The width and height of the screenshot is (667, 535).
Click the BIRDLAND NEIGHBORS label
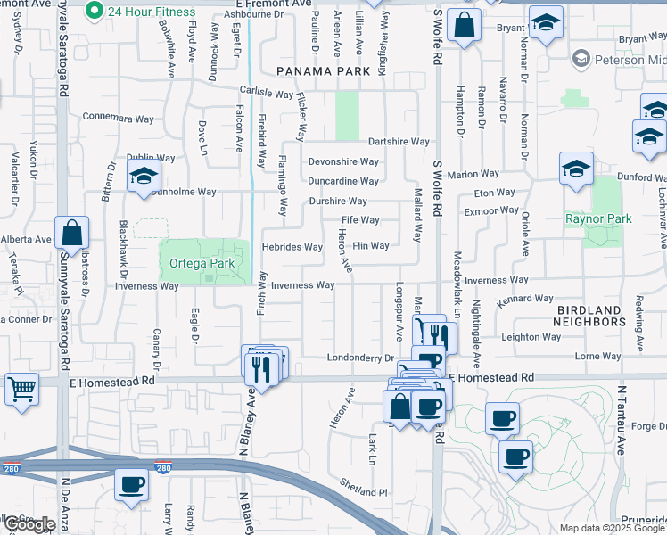click(x=589, y=316)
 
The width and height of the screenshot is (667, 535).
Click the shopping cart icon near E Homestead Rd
click(x=21, y=389)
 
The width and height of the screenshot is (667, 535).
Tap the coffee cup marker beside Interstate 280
click(x=132, y=486)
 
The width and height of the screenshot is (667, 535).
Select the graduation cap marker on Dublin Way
click(x=142, y=176)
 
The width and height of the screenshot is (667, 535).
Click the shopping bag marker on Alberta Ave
click(x=71, y=234)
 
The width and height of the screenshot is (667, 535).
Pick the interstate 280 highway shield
click(x=162, y=467)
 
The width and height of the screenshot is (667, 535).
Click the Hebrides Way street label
click(x=292, y=247)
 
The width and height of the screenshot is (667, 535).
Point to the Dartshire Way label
click(x=399, y=142)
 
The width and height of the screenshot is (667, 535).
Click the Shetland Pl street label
click(x=364, y=490)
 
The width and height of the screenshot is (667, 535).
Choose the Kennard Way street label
click(x=520, y=300)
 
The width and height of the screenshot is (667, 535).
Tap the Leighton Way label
click(x=531, y=337)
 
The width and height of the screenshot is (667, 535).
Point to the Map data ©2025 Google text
click(x=612, y=528)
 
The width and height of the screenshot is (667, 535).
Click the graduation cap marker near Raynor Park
click(x=577, y=169)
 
